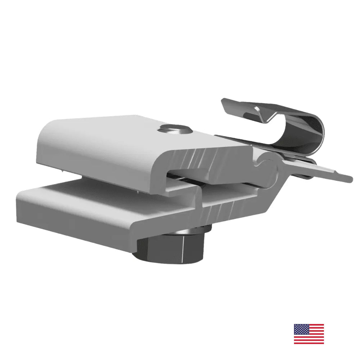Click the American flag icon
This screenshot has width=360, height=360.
(309, 334)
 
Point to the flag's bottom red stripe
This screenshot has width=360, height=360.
(309, 342)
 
